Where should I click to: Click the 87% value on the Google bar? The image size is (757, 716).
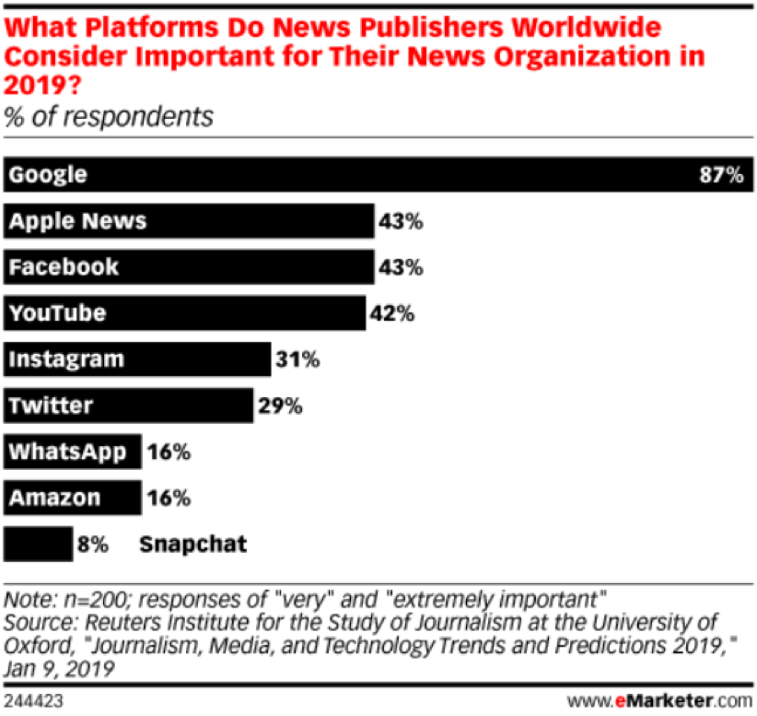pyautogui.click(x=719, y=175)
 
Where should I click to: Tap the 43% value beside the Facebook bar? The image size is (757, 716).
pyautogui.click(x=400, y=267)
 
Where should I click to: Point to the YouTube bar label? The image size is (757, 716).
pyautogui.click(x=57, y=313)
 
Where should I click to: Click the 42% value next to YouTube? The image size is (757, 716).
pyautogui.click(x=392, y=313)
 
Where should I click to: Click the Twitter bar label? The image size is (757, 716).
pyautogui.click(x=51, y=405)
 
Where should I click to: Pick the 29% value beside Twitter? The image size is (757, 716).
pyautogui.click(x=279, y=405)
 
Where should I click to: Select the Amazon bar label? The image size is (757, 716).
pyautogui.click(x=54, y=498)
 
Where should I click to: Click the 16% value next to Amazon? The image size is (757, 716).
pyautogui.click(x=168, y=498)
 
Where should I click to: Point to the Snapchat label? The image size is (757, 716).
pyautogui.click(x=193, y=544)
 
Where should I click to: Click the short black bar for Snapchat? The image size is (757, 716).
pyautogui.click(x=39, y=544)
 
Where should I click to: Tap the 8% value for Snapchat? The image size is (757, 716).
pyautogui.click(x=95, y=544)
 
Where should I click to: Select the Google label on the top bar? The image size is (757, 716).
pyautogui.click(x=48, y=175)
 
